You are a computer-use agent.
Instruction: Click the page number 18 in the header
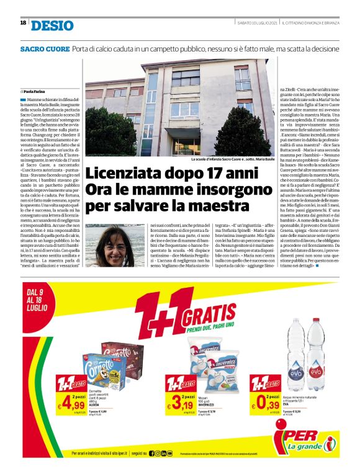(x=23, y=22)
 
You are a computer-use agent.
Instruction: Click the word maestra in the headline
(x=222, y=204)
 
